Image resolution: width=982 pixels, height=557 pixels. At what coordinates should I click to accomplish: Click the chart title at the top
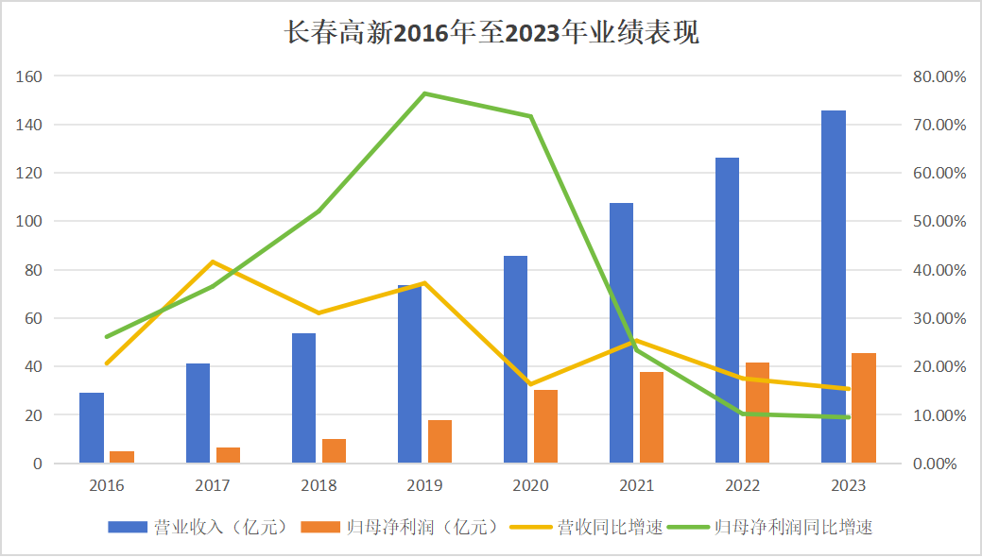(x=491, y=33)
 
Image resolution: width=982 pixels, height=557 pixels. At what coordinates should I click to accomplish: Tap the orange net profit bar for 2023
(x=864, y=408)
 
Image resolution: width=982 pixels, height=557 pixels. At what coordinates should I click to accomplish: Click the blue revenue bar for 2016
(x=92, y=428)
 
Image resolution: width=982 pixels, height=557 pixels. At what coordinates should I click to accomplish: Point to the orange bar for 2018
(x=335, y=451)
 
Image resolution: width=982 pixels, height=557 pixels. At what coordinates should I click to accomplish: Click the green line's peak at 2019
(x=424, y=93)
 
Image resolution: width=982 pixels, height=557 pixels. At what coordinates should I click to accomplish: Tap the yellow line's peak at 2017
(x=213, y=262)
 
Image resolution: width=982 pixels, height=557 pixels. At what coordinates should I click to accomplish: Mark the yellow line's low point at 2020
(x=530, y=385)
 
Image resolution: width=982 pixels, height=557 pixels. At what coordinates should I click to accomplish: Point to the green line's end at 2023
(x=848, y=417)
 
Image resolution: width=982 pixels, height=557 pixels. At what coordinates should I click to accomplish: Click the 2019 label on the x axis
(x=424, y=486)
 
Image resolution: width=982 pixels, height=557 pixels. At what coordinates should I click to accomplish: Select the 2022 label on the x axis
(x=742, y=486)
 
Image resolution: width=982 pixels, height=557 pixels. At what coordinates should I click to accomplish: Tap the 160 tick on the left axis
(x=30, y=76)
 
